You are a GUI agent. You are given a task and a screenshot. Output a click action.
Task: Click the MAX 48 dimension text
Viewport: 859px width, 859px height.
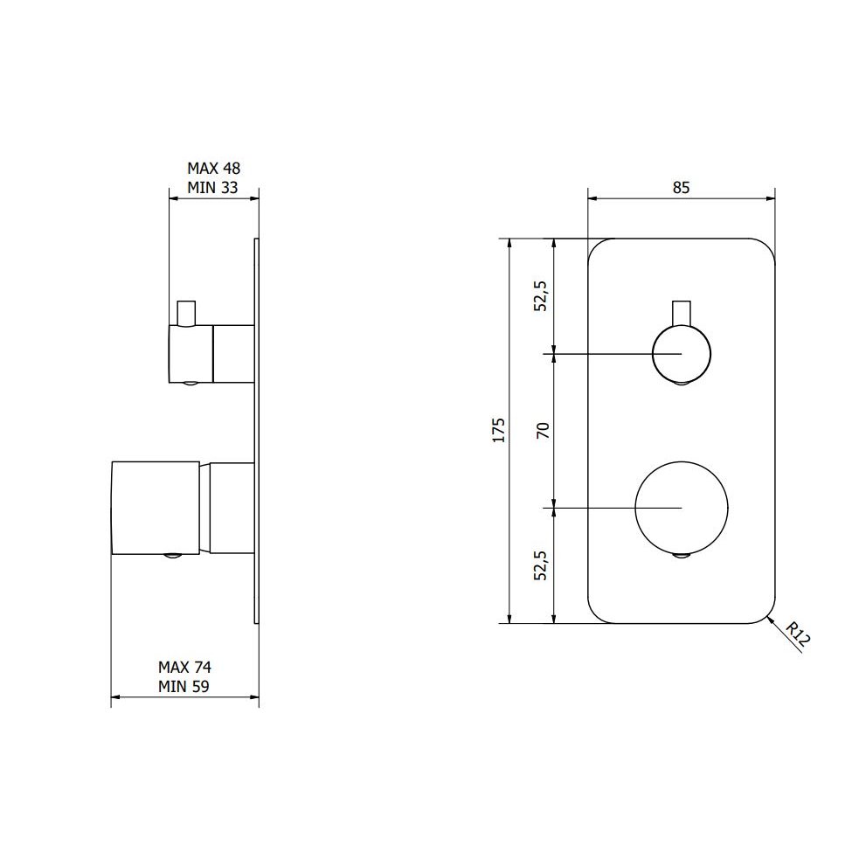(213, 168)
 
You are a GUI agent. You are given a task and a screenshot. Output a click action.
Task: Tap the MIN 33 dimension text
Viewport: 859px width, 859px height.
(212, 187)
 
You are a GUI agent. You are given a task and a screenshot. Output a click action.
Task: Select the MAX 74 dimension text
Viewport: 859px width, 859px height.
(184, 667)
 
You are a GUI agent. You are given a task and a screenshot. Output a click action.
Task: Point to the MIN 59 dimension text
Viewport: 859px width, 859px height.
(184, 686)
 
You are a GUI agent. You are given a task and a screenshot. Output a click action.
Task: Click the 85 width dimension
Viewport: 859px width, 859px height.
(681, 187)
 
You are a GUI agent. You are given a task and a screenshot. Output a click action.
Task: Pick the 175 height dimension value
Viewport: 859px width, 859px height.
(498, 430)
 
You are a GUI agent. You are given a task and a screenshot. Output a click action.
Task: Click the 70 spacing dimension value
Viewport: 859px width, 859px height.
(543, 431)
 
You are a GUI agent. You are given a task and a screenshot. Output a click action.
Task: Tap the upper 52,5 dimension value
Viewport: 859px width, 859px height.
(540, 296)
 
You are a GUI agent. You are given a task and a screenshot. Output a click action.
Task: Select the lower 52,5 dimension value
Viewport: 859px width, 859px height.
(540, 565)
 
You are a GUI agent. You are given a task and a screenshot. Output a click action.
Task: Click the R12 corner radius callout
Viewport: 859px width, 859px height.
(797, 635)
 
